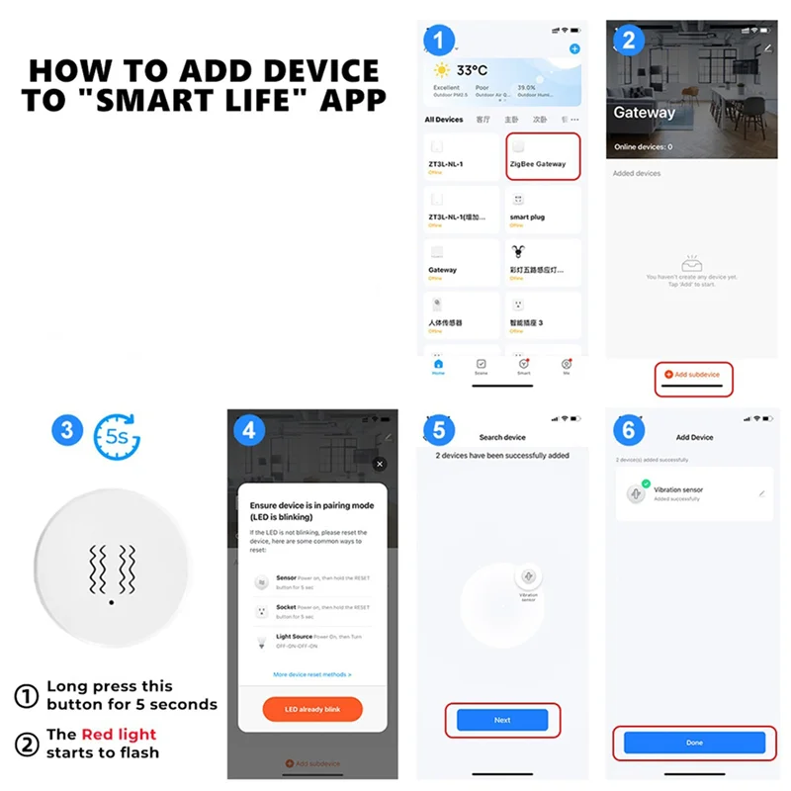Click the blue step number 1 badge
(439, 40)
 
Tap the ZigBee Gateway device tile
(542, 157)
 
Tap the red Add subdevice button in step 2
(693, 375)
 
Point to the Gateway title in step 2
(644, 113)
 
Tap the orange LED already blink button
(311, 710)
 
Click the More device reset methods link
(311, 674)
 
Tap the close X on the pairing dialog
(380, 464)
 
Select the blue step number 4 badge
(250, 430)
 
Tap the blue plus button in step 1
(575, 48)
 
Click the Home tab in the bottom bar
(438, 366)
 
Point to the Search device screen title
(502, 437)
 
